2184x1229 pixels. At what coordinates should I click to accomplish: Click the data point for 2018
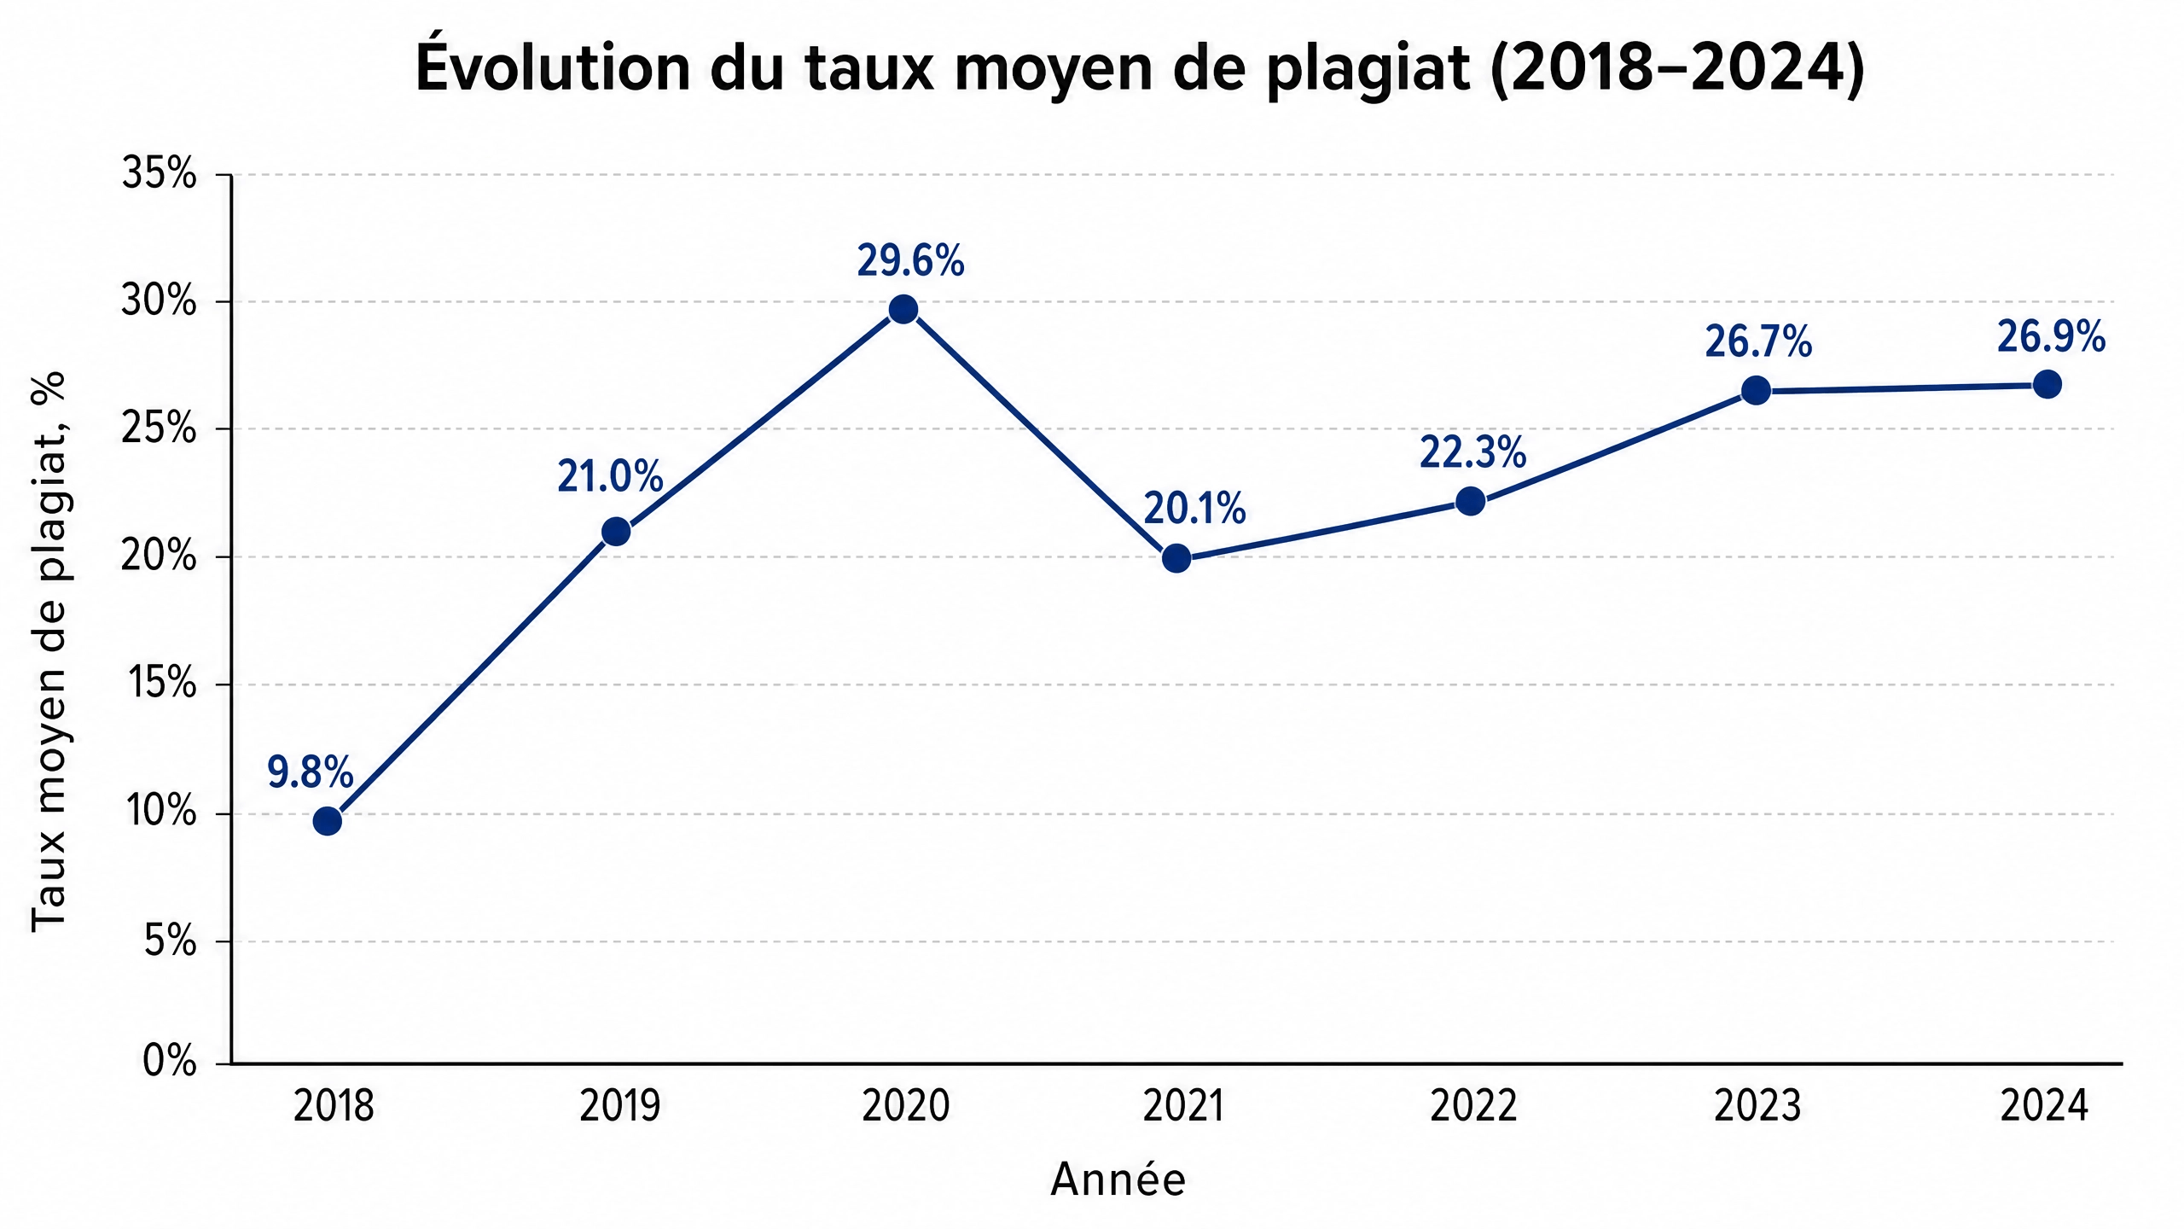[x=328, y=821]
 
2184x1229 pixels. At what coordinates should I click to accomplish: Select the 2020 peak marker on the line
[x=903, y=309]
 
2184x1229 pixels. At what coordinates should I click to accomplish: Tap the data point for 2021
[x=1176, y=558]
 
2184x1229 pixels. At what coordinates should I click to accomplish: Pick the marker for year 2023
[x=1756, y=391]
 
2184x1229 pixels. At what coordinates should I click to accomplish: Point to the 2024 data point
[x=2047, y=385]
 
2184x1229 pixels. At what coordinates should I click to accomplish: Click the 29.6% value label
[x=910, y=260]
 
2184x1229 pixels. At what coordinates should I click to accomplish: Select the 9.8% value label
[x=310, y=772]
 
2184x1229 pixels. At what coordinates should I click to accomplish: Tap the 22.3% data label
[x=1472, y=452]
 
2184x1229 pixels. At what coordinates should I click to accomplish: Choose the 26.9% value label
[x=2051, y=337]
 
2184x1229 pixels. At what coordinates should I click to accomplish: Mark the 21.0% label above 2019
[x=610, y=476]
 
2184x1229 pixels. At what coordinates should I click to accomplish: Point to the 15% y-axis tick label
[x=161, y=684]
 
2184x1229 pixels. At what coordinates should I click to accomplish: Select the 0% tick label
[x=170, y=1063]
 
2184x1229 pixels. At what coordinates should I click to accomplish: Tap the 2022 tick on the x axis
[x=1473, y=1106]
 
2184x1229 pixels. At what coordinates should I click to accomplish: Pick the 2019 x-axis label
[x=620, y=1106]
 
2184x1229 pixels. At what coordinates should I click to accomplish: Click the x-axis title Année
[x=1118, y=1179]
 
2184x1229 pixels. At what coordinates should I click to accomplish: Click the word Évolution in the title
[x=552, y=67]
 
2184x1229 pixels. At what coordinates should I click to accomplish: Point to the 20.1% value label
[x=1194, y=509]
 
